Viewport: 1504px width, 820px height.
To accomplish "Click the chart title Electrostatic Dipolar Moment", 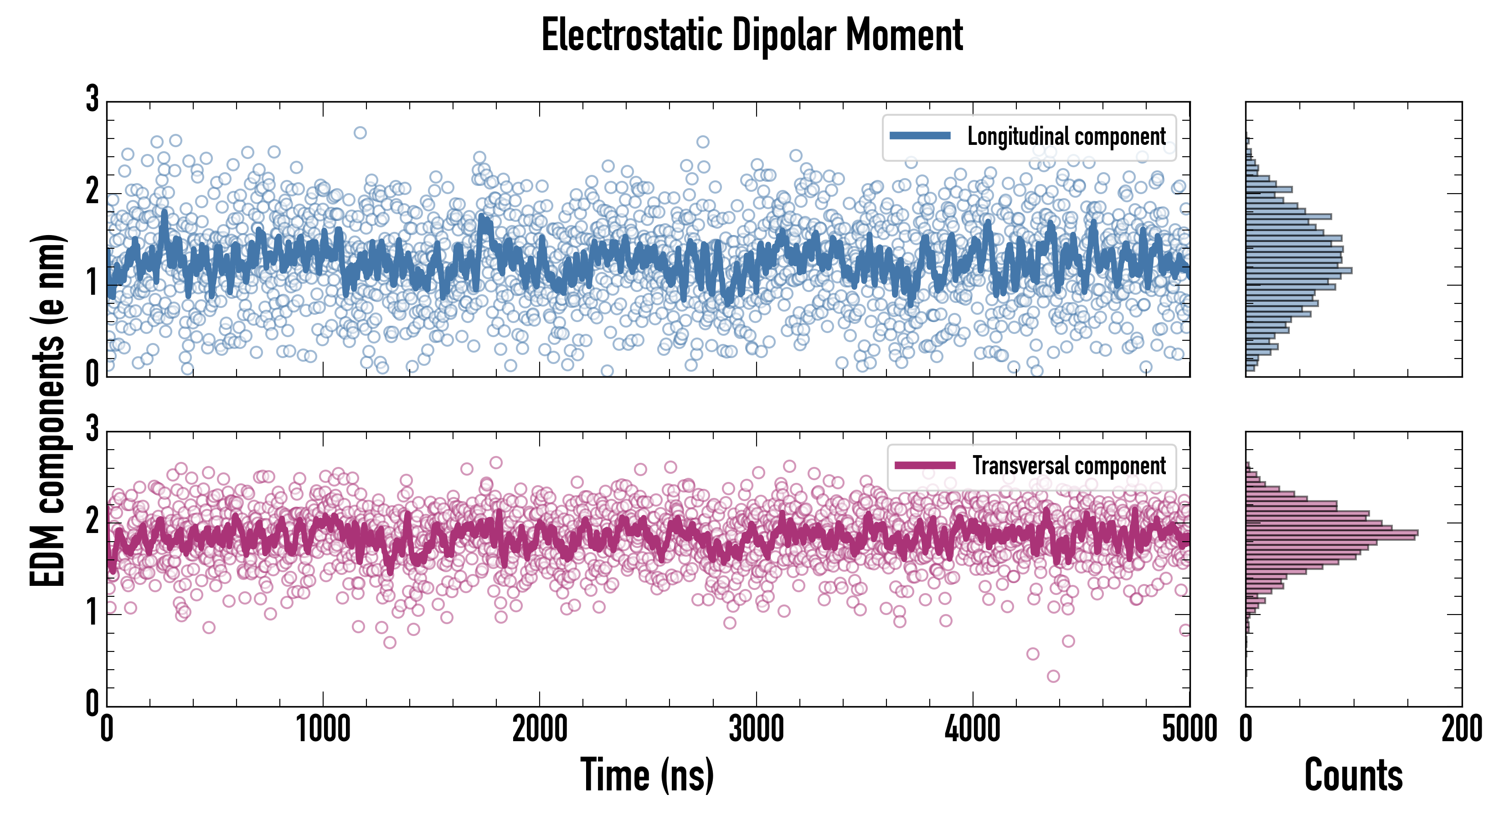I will click(752, 35).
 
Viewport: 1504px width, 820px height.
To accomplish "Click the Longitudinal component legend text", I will click(1066, 137).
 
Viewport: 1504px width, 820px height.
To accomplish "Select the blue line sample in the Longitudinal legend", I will click(920, 136).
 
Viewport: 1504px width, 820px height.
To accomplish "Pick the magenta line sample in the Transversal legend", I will click(925, 465).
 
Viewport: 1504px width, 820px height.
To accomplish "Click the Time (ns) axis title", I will click(647, 774).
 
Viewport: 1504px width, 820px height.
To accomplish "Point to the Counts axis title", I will click(1353, 774).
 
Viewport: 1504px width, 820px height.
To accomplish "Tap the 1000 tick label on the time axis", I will click(323, 729).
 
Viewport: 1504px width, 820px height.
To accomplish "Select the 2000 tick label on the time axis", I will click(540, 729).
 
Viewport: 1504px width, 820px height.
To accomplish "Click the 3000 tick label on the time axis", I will click(756, 729).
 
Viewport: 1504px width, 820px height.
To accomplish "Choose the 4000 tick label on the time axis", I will click(973, 729).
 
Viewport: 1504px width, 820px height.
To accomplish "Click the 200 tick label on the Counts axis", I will click(1461, 729).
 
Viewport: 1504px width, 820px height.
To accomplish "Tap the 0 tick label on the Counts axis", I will click(1246, 729).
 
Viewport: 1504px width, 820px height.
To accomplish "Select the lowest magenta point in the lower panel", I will click(1053, 676).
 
